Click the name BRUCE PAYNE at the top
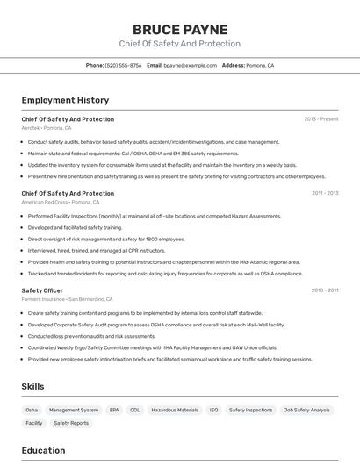click(180, 29)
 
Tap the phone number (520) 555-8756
click(123, 65)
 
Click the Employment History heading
click(65, 100)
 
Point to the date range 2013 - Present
click(321, 119)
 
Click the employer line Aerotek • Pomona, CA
click(47, 128)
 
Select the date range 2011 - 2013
click(324, 193)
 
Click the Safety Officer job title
click(42, 290)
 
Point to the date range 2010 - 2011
click(324, 290)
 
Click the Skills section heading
click(33, 386)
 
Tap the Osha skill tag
click(32, 410)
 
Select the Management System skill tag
click(74, 410)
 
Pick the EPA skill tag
click(114, 410)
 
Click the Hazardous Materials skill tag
click(175, 410)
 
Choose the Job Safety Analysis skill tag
click(307, 410)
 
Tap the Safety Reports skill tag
click(71, 423)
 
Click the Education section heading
click(43, 451)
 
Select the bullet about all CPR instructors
click(85, 250)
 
